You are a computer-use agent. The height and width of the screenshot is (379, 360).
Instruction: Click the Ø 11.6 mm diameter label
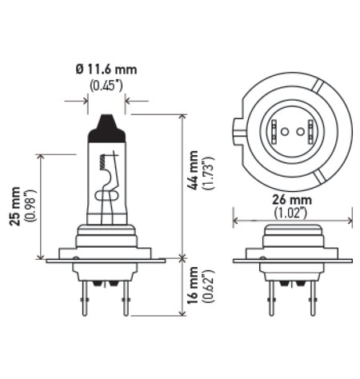(106, 70)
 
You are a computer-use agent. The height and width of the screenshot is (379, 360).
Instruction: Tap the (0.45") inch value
(106, 86)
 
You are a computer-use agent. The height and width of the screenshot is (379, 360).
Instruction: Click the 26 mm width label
(293, 200)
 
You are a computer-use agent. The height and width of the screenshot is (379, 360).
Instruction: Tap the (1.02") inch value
(293, 214)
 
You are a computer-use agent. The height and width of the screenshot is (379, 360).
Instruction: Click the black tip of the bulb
(106, 125)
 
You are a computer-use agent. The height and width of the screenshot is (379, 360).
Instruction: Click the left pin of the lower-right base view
(272, 296)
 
